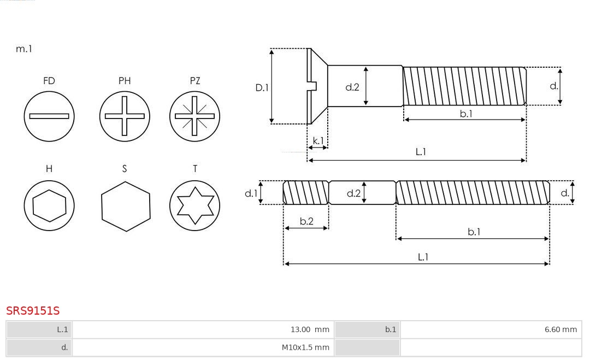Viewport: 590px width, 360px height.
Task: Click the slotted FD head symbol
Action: click(x=49, y=116)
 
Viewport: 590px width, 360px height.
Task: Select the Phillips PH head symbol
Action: click(x=125, y=116)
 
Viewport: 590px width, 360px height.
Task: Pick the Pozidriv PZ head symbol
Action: click(x=194, y=116)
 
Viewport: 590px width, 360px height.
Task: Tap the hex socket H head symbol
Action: click(x=49, y=205)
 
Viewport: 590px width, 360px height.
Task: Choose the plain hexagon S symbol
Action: click(x=126, y=206)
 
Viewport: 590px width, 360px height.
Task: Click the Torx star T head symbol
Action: click(x=194, y=205)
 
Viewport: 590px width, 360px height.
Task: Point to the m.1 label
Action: click(x=24, y=49)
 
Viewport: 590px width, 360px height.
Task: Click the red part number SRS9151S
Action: click(x=33, y=311)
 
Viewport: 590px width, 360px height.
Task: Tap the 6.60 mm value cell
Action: click(x=491, y=329)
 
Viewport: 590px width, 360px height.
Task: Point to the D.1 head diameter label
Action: click(x=262, y=87)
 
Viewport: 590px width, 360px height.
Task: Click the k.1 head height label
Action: click(x=318, y=141)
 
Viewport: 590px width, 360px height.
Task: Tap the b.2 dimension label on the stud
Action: click(x=306, y=221)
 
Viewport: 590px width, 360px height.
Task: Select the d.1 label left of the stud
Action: click(x=251, y=193)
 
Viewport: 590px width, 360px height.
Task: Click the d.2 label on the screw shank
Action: click(x=352, y=87)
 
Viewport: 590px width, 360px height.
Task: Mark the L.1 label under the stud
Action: click(x=423, y=257)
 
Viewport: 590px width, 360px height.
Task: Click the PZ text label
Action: click(x=195, y=81)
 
